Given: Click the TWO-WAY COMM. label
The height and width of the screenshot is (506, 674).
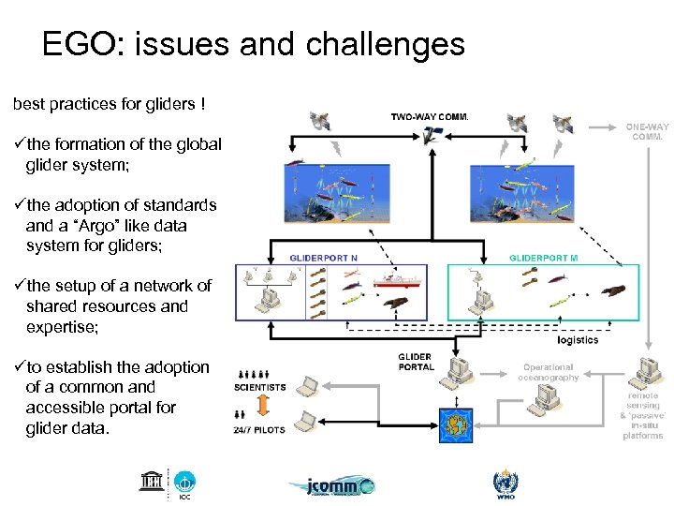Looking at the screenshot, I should pyautogui.click(x=429, y=118).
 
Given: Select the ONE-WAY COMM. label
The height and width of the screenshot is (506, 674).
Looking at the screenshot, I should pyautogui.click(x=647, y=131).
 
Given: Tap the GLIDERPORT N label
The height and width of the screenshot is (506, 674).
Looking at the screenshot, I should pyautogui.click(x=323, y=257).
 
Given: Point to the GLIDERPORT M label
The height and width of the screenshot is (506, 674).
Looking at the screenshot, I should pyautogui.click(x=543, y=257).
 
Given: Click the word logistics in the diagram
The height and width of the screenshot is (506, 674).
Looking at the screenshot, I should pyautogui.click(x=577, y=340).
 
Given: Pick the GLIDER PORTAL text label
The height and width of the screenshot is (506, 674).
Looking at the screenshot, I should pyautogui.click(x=416, y=362).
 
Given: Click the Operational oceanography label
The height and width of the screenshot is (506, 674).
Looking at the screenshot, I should pyautogui.click(x=549, y=373).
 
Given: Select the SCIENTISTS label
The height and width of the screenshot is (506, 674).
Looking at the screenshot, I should pyautogui.click(x=259, y=387).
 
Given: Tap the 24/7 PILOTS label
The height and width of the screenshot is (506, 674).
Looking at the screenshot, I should pyautogui.click(x=259, y=430).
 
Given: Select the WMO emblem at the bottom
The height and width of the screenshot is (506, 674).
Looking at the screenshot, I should pyautogui.click(x=505, y=484).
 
